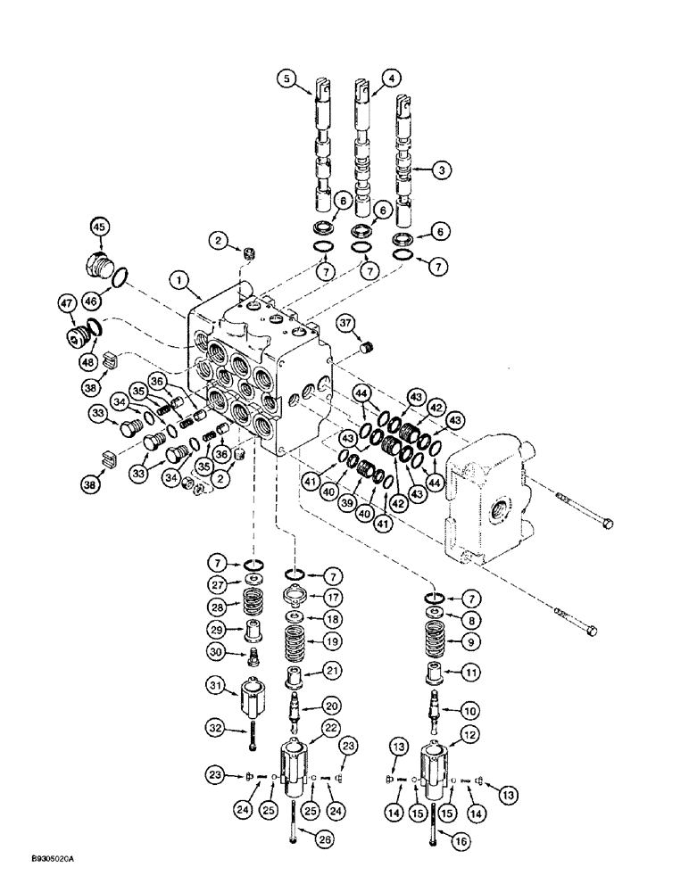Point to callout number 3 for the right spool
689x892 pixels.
tap(437, 168)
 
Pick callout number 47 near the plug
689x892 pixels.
tap(68, 305)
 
